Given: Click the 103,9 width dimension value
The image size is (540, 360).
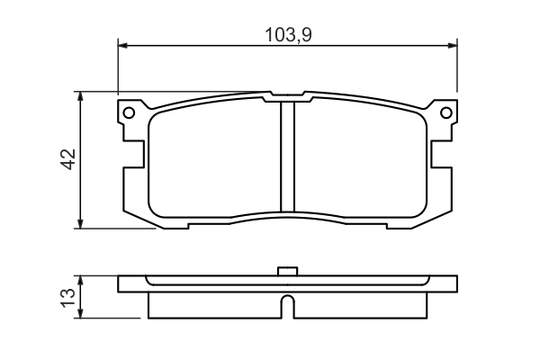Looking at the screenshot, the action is [288, 35].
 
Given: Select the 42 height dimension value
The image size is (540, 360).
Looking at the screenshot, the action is [68, 159].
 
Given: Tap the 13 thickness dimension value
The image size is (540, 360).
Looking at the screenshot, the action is [67, 297].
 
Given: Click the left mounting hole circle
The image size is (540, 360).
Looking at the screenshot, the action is [129, 112].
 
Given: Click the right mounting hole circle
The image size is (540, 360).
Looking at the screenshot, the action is [446, 112].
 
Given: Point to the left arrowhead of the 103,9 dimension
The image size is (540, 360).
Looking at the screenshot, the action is [122, 45].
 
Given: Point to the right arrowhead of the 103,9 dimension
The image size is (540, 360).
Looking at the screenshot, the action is [453, 45].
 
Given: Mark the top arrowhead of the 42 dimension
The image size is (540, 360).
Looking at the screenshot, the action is [80, 96].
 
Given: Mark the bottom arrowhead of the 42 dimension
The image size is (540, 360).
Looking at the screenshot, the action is [80, 223].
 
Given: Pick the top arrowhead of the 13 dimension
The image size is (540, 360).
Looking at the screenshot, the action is [80, 281].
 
